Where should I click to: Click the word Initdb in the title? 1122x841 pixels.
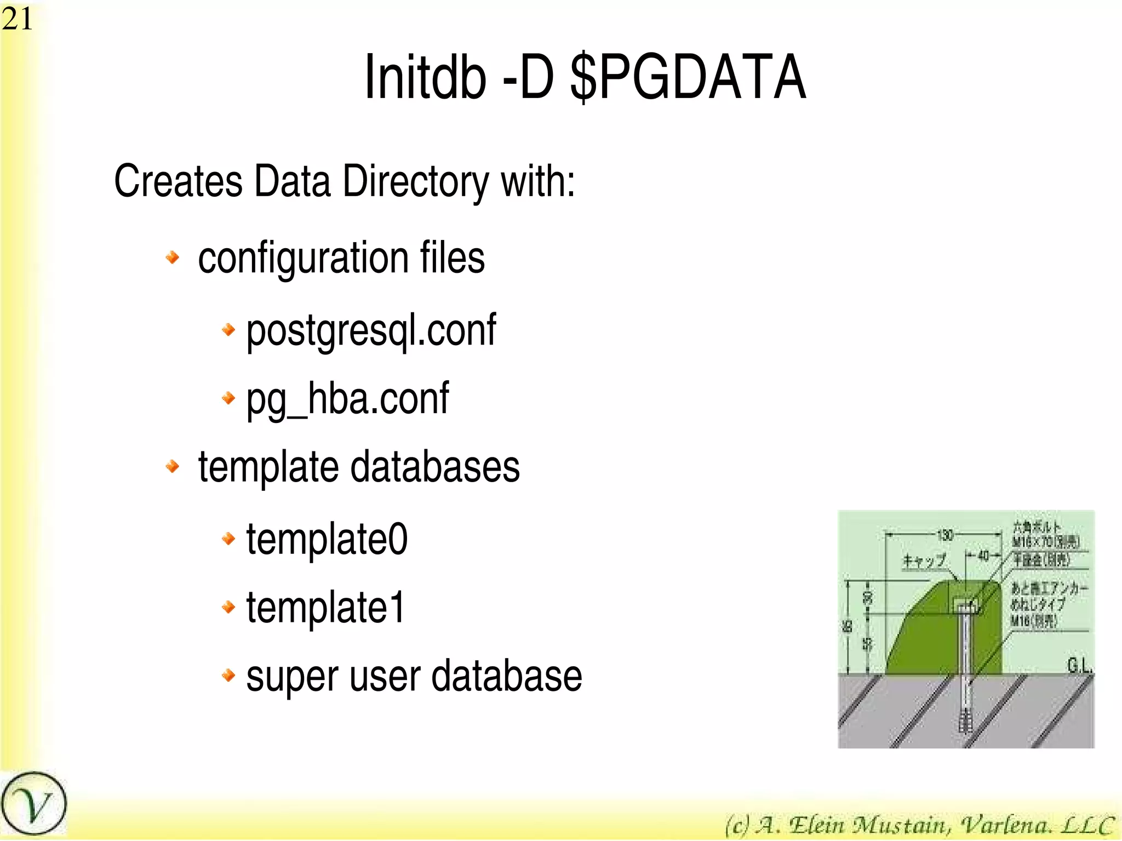(425, 77)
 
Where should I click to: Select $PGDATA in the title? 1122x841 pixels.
(688, 77)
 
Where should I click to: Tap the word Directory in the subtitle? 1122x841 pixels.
(416, 182)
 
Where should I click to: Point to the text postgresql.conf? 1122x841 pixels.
(371, 330)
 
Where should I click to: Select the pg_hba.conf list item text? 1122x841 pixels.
(347, 399)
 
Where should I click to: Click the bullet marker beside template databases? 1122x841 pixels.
(173, 466)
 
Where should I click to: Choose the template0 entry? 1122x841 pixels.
(327, 539)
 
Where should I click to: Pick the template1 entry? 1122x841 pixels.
(325, 608)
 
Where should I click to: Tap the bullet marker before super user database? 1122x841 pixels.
(228, 675)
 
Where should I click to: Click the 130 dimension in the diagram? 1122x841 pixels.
(945, 535)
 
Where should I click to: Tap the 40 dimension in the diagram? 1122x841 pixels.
(983, 556)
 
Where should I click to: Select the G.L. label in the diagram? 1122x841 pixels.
(1079, 666)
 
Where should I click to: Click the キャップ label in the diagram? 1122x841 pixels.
(925, 560)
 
